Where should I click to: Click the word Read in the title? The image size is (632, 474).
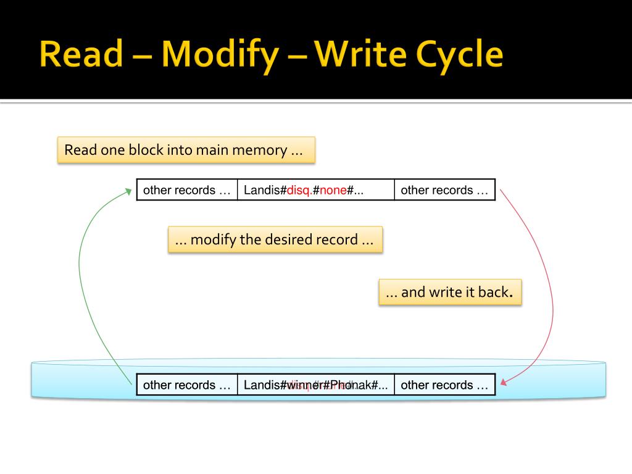(81, 55)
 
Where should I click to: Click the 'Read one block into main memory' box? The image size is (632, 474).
(186, 150)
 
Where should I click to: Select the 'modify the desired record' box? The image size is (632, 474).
(275, 239)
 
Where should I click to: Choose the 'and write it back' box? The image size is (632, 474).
(450, 292)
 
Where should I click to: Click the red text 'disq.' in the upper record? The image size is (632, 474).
(299, 190)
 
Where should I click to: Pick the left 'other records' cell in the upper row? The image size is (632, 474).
(187, 190)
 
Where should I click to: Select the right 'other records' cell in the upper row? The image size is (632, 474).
(444, 190)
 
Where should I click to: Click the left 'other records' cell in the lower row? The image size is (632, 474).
(187, 385)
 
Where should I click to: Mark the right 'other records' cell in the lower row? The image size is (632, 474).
(444, 385)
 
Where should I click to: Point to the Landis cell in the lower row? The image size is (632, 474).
(315, 385)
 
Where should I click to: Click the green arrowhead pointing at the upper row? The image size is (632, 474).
(128, 191)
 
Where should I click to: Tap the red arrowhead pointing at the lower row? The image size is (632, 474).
(504, 383)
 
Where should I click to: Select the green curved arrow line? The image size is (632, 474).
(80, 278)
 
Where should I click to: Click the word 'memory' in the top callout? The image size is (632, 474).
(259, 150)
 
